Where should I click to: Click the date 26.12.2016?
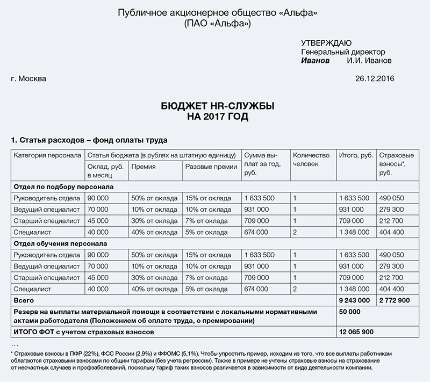(375, 79)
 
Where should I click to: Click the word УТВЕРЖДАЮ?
(326, 43)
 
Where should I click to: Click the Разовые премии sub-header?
(211, 167)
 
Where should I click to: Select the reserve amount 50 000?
(350, 311)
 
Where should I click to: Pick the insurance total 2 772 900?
(395, 299)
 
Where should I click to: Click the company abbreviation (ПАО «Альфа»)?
(217, 24)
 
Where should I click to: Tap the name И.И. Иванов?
(369, 61)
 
